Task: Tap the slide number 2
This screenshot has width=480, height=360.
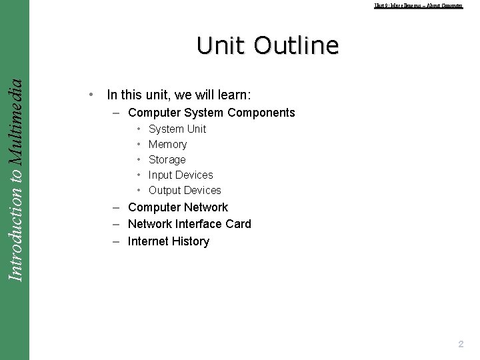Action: point(460,344)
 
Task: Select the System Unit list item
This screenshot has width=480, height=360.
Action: point(177,129)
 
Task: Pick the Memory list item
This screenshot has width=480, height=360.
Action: point(167,144)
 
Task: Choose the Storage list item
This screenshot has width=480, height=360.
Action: point(167,159)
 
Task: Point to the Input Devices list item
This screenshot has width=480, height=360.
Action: point(181,175)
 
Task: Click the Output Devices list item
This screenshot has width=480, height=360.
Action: point(185,190)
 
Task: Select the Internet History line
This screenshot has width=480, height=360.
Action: point(169,241)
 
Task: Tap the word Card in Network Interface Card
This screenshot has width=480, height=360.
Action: point(238,224)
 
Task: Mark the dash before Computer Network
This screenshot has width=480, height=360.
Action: point(116,207)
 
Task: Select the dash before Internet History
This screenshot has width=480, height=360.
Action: point(116,241)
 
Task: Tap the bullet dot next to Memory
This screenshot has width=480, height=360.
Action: point(138,144)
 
